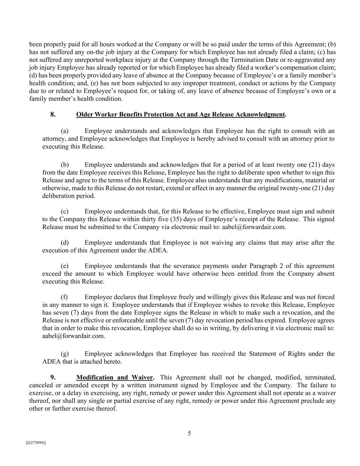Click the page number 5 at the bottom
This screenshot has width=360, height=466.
pyautogui.click(x=189, y=434)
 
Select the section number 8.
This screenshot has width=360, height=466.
pyautogui.click(x=53, y=114)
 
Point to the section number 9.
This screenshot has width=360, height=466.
pyautogui.click(x=53, y=378)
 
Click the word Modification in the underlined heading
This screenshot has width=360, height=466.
pyautogui.click(x=95, y=378)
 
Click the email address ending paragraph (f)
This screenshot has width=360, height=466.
pyautogui.click(x=73, y=336)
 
